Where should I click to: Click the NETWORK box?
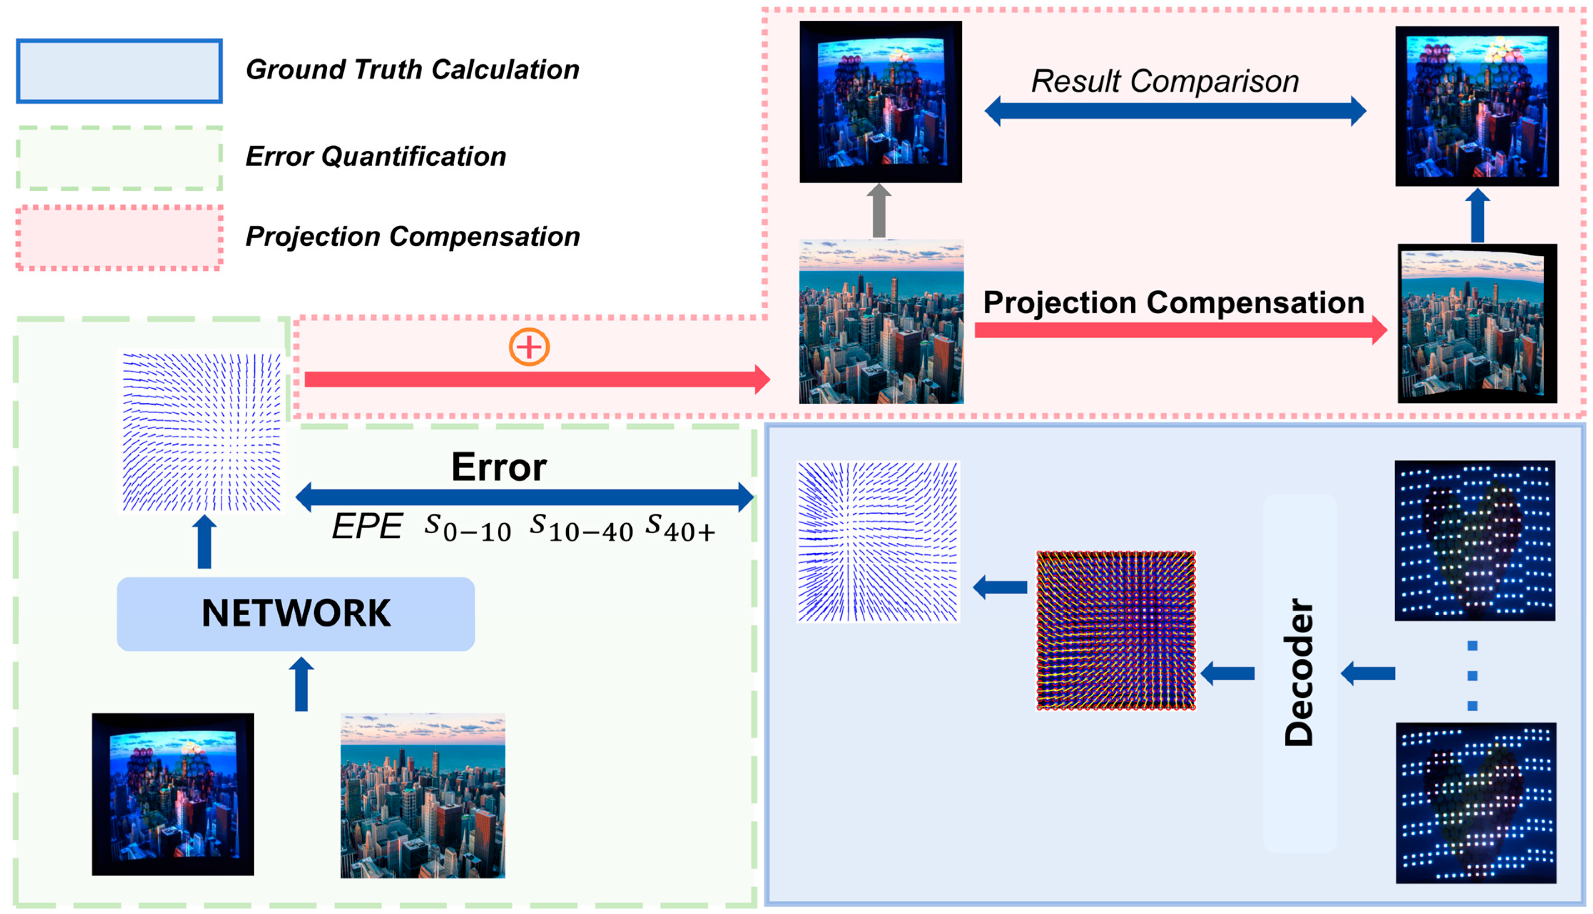(296, 613)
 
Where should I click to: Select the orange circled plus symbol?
(529, 347)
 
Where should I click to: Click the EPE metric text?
(367, 526)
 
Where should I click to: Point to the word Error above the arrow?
(499, 467)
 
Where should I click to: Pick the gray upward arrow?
(879, 210)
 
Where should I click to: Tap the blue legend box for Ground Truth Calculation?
(119, 71)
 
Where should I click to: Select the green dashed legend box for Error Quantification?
(119, 157)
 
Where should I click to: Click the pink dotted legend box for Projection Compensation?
(119, 237)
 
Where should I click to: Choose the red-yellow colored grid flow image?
(1115, 630)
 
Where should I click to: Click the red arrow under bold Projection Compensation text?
(1180, 330)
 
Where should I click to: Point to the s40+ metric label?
(681, 527)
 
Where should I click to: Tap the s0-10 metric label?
(468, 527)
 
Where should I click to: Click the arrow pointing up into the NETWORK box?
(301, 684)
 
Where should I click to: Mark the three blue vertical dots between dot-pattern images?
(1473, 675)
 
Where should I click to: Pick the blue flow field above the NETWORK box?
(202, 432)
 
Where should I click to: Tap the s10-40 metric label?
(581, 527)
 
